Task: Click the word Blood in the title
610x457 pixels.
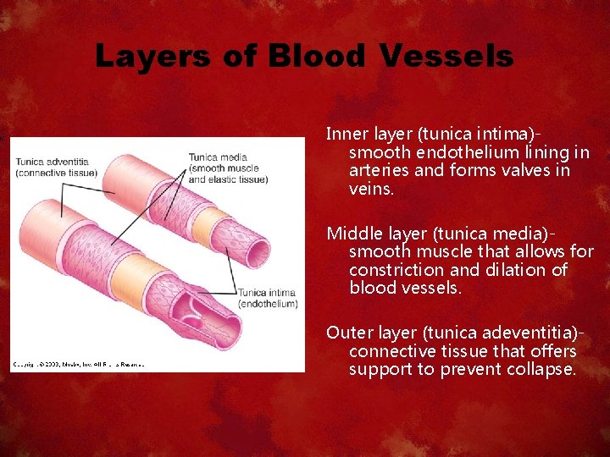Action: pos(317,56)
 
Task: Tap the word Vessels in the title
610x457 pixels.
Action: pos(446,56)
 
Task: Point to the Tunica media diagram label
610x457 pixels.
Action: pos(218,157)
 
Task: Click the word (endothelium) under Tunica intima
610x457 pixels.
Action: pos(269,303)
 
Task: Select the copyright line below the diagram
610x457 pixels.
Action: pos(78,364)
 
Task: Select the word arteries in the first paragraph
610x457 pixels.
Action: pos(377,170)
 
